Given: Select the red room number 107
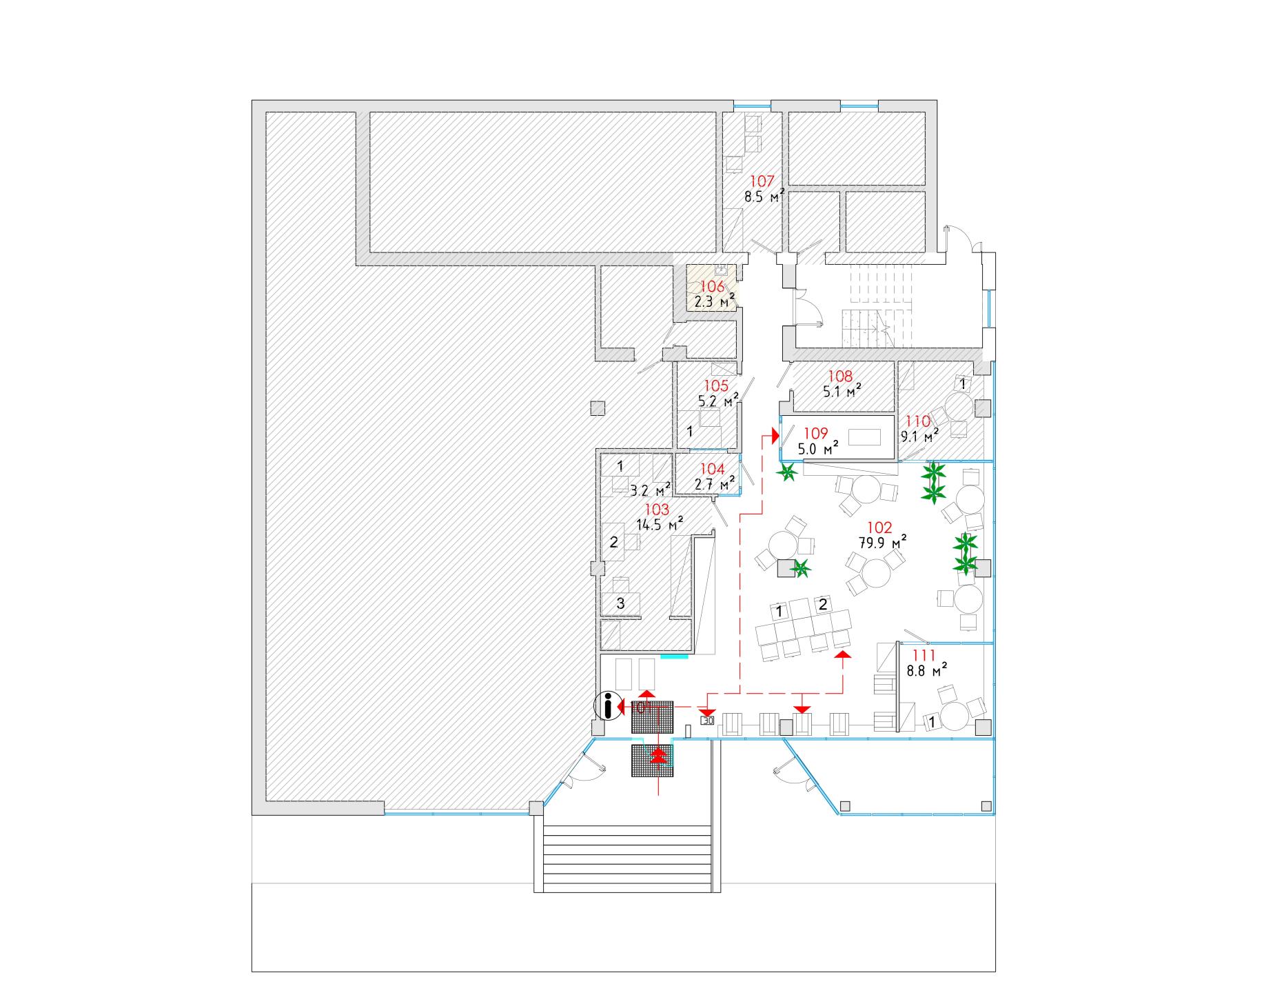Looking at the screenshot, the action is pos(762,182).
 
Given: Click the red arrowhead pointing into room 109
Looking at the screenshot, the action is pos(775,436).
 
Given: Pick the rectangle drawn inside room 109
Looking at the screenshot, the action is pos(868,437).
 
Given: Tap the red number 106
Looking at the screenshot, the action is pos(712,287).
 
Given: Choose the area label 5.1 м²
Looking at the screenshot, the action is pos(840,391).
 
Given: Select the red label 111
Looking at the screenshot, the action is pos(923,655).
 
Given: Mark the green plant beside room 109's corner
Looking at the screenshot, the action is pos(788,473).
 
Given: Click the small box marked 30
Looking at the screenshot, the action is pos(707,721).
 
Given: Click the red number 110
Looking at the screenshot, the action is pos(917,421).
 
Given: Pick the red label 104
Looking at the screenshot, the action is pos(713,470).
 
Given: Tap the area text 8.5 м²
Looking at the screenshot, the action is pos(764,197).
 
